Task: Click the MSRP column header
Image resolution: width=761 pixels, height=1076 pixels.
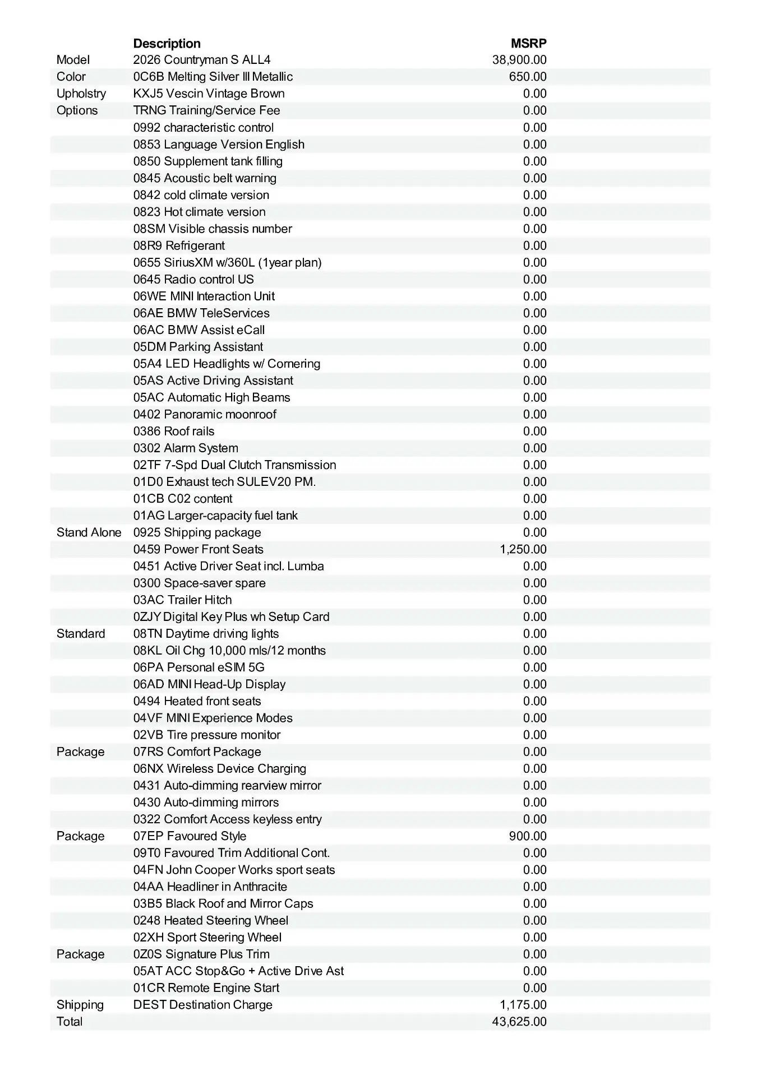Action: click(528, 43)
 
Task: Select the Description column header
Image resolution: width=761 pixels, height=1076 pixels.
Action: click(167, 43)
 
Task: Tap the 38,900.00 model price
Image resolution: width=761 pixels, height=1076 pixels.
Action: click(519, 60)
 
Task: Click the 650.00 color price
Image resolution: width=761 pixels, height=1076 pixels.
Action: click(528, 77)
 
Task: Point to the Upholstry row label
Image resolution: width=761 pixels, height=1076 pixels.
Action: click(81, 94)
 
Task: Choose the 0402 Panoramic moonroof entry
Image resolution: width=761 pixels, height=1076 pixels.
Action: click(205, 414)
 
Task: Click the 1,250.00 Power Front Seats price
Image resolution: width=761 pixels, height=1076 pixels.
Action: click(523, 549)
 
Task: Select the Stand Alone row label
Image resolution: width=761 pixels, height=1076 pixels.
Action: click(89, 532)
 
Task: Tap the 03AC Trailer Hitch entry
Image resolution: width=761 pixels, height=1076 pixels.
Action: click(182, 600)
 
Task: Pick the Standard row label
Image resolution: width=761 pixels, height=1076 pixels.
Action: click(81, 633)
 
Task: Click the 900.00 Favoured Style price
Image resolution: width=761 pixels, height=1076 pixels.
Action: click(528, 836)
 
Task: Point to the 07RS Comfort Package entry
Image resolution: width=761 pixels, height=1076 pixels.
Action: click(197, 752)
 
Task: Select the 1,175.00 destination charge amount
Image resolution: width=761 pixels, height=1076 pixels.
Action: click(523, 1005)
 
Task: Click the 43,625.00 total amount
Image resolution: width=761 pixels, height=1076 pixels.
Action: click(519, 1022)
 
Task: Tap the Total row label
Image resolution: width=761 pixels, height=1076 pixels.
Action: click(70, 1022)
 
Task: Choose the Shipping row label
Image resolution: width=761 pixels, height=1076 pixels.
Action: click(80, 1005)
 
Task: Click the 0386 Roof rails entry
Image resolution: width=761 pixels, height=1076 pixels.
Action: click(174, 431)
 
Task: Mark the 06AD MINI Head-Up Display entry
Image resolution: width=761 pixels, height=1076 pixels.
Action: click(209, 684)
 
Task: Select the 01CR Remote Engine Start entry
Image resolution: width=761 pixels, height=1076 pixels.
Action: click(206, 988)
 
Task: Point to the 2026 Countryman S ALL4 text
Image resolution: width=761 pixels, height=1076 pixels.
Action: click(202, 60)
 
